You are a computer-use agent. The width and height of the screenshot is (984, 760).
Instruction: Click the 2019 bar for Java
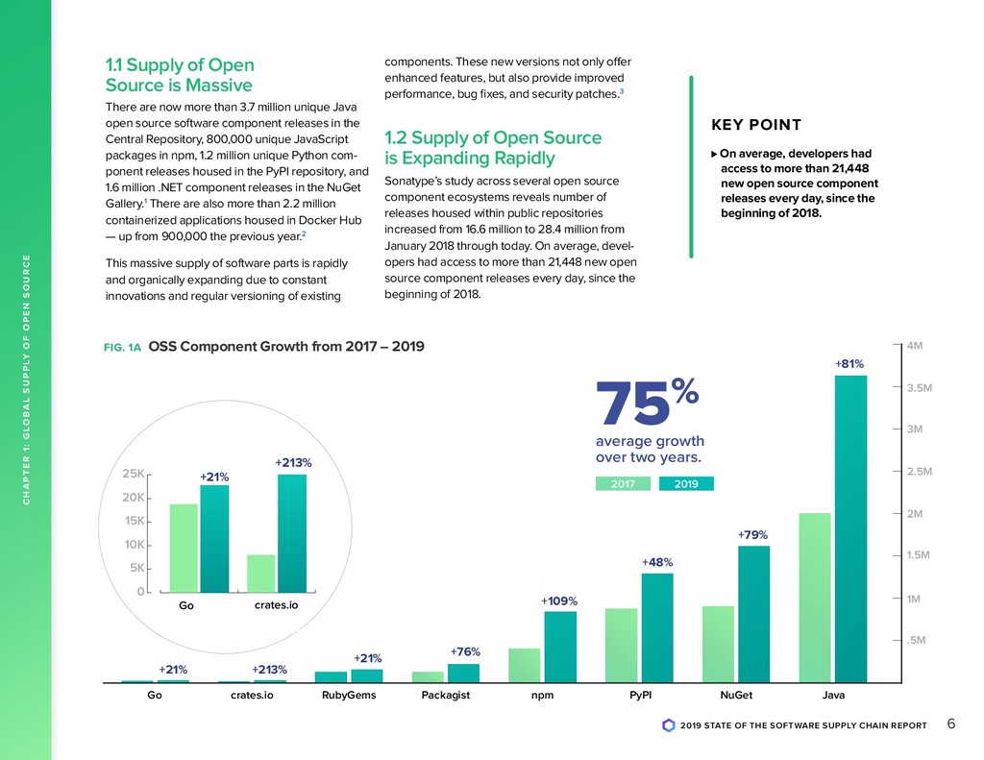coord(850,528)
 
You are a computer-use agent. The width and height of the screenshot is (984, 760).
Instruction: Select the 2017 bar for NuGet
coord(718,644)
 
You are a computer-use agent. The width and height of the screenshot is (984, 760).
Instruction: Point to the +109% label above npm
coord(559,601)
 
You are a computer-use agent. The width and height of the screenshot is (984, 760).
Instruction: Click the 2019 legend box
coord(686,484)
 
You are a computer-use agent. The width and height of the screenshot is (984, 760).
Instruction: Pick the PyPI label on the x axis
coord(640,698)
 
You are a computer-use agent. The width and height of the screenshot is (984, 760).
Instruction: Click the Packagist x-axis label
coord(446,698)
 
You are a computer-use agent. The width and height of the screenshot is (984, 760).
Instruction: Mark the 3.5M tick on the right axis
coord(920,388)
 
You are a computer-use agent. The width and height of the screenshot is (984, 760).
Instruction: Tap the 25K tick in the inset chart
coord(134,474)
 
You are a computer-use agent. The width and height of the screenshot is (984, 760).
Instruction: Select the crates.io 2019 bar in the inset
coord(292,533)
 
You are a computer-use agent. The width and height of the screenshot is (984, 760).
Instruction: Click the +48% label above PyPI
coord(657,562)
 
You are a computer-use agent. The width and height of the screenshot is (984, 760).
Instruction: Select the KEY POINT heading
coord(755,126)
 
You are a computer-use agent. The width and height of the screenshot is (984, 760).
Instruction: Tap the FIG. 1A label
coord(122,348)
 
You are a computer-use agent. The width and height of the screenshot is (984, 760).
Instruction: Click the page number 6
coord(950,724)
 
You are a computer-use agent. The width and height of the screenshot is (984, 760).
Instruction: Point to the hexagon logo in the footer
coord(669,725)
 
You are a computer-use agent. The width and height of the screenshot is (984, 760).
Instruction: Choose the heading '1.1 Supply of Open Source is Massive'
coord(180,75)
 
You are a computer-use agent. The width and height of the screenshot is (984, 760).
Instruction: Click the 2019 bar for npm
coord(560,647)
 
